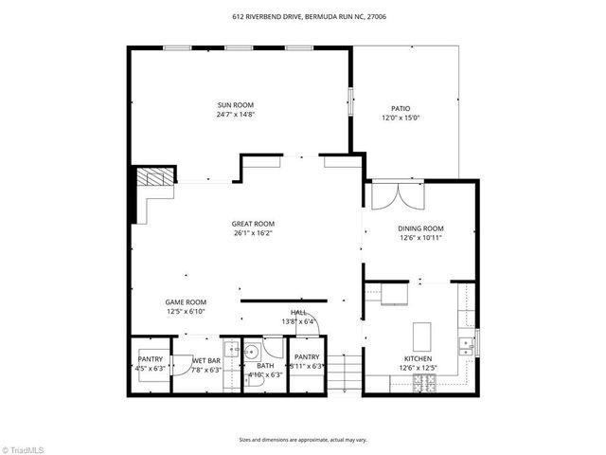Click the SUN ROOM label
point(236,105)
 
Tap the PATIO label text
point(401,108)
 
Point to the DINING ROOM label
point(420,228)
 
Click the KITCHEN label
point(418,358)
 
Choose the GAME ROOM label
point(187,301)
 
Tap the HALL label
point(298,312)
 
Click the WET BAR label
point(206,359)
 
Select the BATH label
point(265,365)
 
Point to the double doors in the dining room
point(393,196)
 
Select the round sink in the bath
point(253,352)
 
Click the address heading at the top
point(303,16)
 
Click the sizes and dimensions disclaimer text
point(303,440)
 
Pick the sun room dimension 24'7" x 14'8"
point(236,115)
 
